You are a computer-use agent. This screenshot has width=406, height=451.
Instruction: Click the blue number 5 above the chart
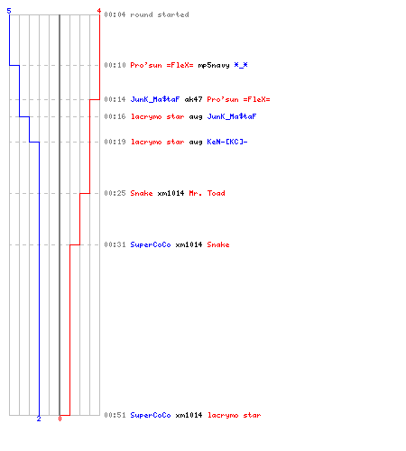click(9, 11)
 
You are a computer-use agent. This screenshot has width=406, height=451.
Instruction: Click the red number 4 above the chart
click(99, 11)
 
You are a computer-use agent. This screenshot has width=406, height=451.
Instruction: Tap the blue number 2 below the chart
click(39, 419)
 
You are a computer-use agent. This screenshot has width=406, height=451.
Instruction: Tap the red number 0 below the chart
click(60, 419)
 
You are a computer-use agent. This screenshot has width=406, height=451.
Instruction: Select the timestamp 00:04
click(115, 14)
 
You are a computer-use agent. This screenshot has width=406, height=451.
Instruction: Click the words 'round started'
click(160, 14)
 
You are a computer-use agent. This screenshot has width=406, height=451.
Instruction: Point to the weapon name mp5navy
click(214, 65)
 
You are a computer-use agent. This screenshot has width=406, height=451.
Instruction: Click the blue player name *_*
click(241, 65)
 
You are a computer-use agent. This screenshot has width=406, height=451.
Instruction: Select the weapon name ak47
click(193, 99)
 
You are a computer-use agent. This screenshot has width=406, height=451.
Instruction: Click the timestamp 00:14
click(115, 99)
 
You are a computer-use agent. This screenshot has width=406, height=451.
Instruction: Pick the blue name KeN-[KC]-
click(227, 142)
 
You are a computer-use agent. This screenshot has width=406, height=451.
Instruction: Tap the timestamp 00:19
click(115, 142)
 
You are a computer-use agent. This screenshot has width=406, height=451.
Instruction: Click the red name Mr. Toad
click(207, 193)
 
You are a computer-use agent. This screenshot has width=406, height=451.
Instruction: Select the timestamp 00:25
click(115, 193)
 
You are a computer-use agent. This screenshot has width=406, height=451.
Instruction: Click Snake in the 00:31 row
click(218, 244)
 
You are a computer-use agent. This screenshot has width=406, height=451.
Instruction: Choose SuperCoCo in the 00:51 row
click(151, 415)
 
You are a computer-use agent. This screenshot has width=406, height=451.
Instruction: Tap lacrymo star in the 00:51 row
click(234, 415)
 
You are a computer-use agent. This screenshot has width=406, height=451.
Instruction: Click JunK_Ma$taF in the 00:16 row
click(232, 116)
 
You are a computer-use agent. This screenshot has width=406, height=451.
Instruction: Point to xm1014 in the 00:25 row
click(171, 193)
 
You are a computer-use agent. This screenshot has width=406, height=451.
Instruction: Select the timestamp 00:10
click(115, 65)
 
